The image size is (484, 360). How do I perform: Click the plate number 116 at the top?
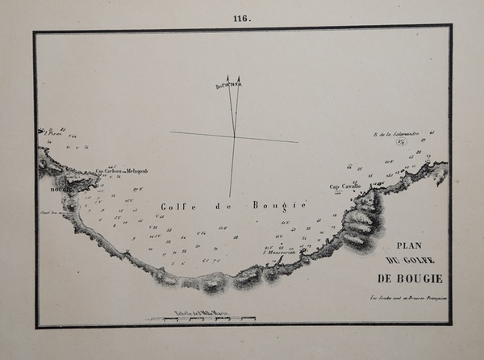point(241,19)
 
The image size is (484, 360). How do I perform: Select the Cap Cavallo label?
point(344,187)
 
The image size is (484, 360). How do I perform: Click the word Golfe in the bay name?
point(176,207)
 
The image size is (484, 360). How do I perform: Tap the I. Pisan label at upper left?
point(44,132)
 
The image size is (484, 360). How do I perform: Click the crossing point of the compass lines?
point(234,136)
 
